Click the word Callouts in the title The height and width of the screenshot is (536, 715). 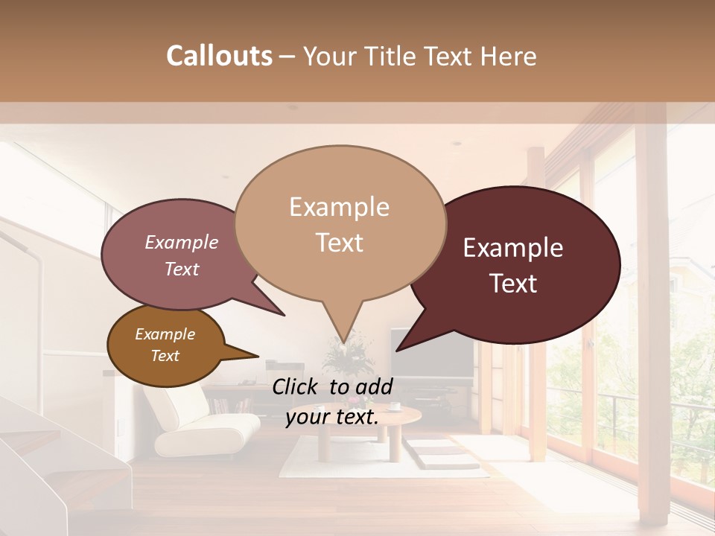[x=219, y=56]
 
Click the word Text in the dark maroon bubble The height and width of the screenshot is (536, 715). [x=514, y=284]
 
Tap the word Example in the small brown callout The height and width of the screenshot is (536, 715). [x=165, y=334]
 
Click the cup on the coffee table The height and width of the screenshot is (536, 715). [x=394, y=406]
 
